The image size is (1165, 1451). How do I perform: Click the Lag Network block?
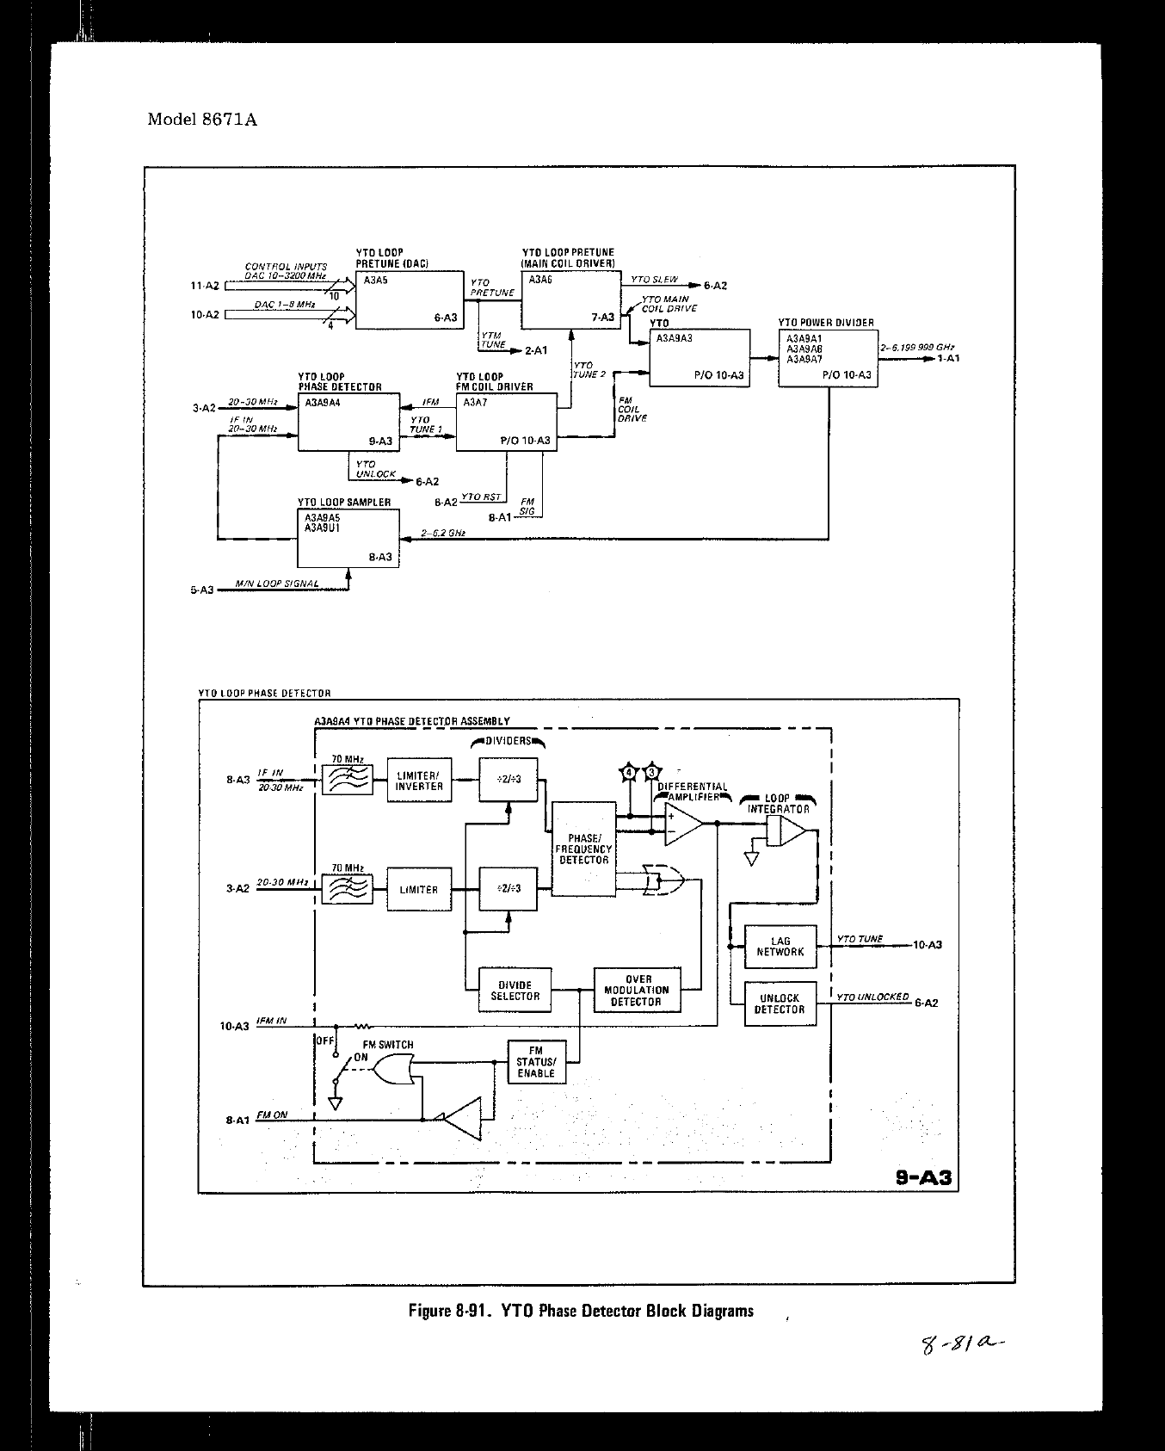[780, 946]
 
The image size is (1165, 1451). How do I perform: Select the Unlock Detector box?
[780, 1003]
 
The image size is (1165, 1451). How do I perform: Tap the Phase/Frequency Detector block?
[583, 849]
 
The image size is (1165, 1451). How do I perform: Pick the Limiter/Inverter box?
[419, 781]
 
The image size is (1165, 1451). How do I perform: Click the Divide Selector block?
[515, 991]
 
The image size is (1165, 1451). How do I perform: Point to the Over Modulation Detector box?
[638, 991]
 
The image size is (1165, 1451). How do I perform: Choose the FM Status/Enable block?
[536, 1062]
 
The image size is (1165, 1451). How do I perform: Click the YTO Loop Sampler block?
[348, 539]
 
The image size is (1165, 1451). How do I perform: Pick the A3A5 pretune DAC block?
[408, 300]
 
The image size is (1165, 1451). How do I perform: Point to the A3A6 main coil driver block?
[570, 300]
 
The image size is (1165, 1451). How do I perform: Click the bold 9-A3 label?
[923, 1177]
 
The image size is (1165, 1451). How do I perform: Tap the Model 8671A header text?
[202, 120]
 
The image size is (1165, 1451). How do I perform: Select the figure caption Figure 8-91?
[581, 1312]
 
